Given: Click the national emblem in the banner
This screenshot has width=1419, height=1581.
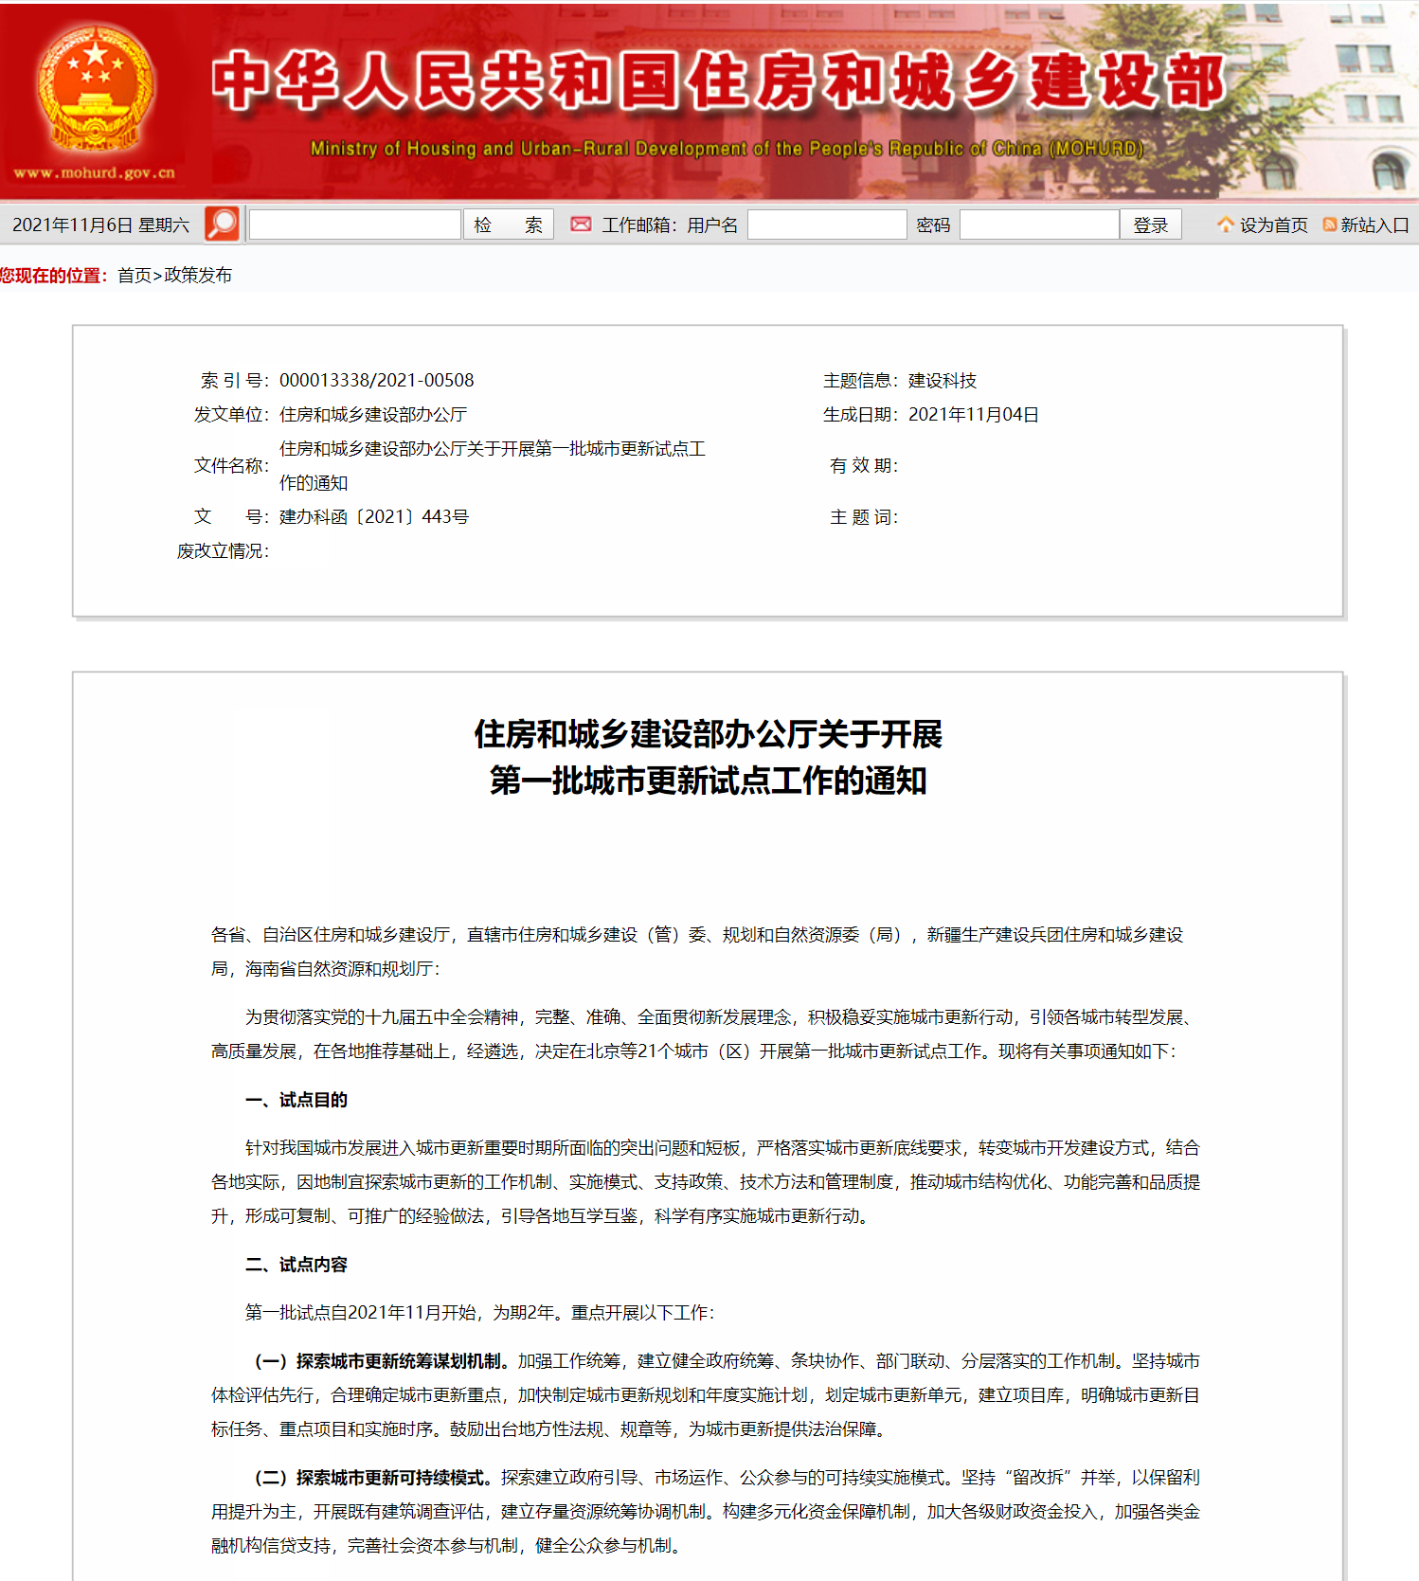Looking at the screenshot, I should click(x=95, y=90).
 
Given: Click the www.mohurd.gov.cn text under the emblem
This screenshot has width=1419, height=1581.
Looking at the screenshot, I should click(x=95, y=173).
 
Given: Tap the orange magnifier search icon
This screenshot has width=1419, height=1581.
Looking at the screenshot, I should click(x=222, y=225).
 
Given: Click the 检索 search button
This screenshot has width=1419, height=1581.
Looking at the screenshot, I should click(x=508, y=225).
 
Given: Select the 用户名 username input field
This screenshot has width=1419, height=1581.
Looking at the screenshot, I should click(x=826, y=225).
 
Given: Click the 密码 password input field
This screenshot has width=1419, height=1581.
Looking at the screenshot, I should click(x=1039, y=225).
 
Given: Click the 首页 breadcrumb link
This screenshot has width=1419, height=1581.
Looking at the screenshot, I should click(x=135, y=276).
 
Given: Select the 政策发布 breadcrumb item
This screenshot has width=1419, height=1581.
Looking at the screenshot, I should click(x=198, y=276).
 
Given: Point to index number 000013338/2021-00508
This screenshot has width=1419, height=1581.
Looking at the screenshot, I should click(x=376, y=381).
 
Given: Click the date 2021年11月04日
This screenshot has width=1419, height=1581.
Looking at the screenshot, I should click(x=973, y=415).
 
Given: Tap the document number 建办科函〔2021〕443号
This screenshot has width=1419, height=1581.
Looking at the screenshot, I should click(x=373, y=517).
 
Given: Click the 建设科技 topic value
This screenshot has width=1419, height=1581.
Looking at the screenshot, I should click(x=942, y=381).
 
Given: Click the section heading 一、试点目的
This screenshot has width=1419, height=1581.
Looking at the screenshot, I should click(x=296, y=1100).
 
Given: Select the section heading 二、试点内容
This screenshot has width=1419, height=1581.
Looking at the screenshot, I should click(x=296, y=1265).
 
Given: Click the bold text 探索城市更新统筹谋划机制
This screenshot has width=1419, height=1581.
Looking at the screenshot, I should click(x=399, y=1361).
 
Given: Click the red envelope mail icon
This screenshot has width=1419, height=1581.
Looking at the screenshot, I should click(x=581, y=225).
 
